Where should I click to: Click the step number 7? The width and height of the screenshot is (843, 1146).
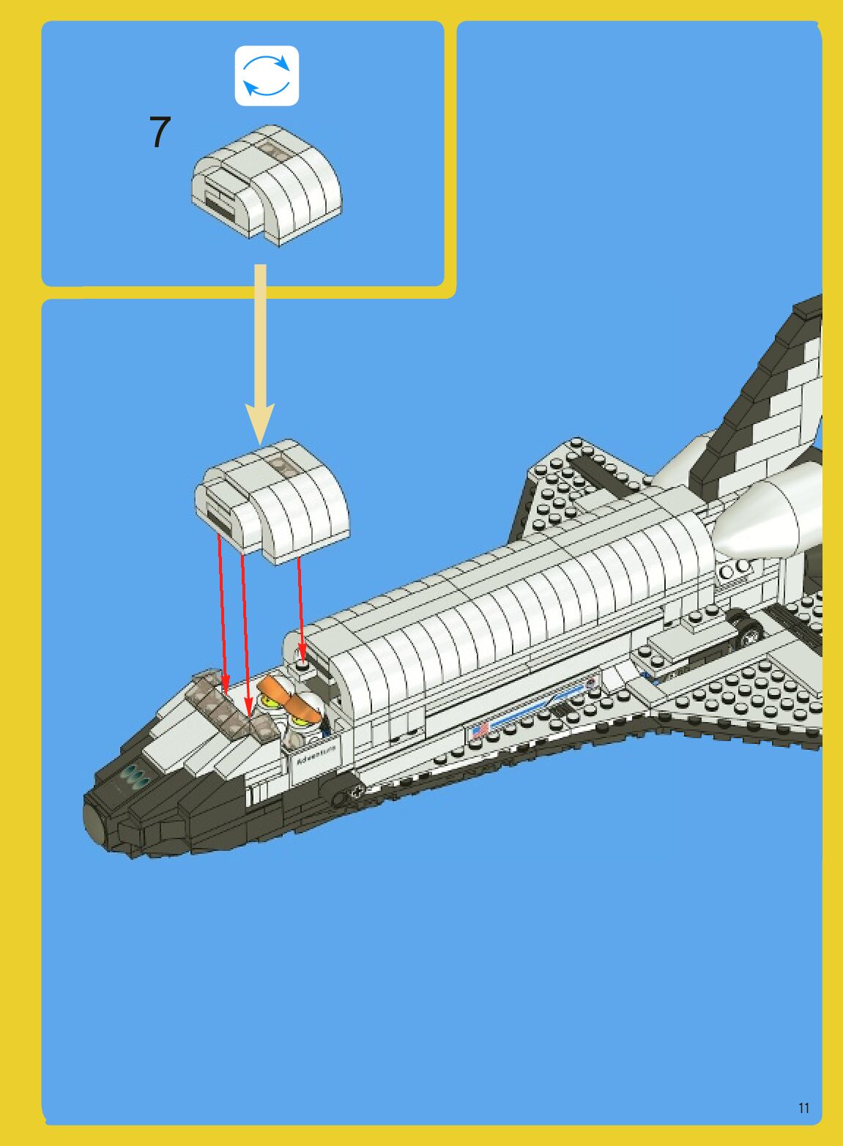[x=160, y=133]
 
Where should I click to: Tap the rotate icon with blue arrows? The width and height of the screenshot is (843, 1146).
[x=267, y=76]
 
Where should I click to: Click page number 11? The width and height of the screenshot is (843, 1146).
[x=803, y=1108]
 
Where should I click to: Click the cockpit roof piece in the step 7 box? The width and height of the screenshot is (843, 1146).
[x=267, y=184]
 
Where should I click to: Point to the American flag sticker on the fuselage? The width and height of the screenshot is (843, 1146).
[x=480, y=729]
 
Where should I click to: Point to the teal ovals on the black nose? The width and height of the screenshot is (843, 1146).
[x=135, y=776]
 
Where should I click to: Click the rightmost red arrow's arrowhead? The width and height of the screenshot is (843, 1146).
[x=301, y=651]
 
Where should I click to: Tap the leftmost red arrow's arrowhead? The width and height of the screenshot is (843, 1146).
[x=226, y=688]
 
